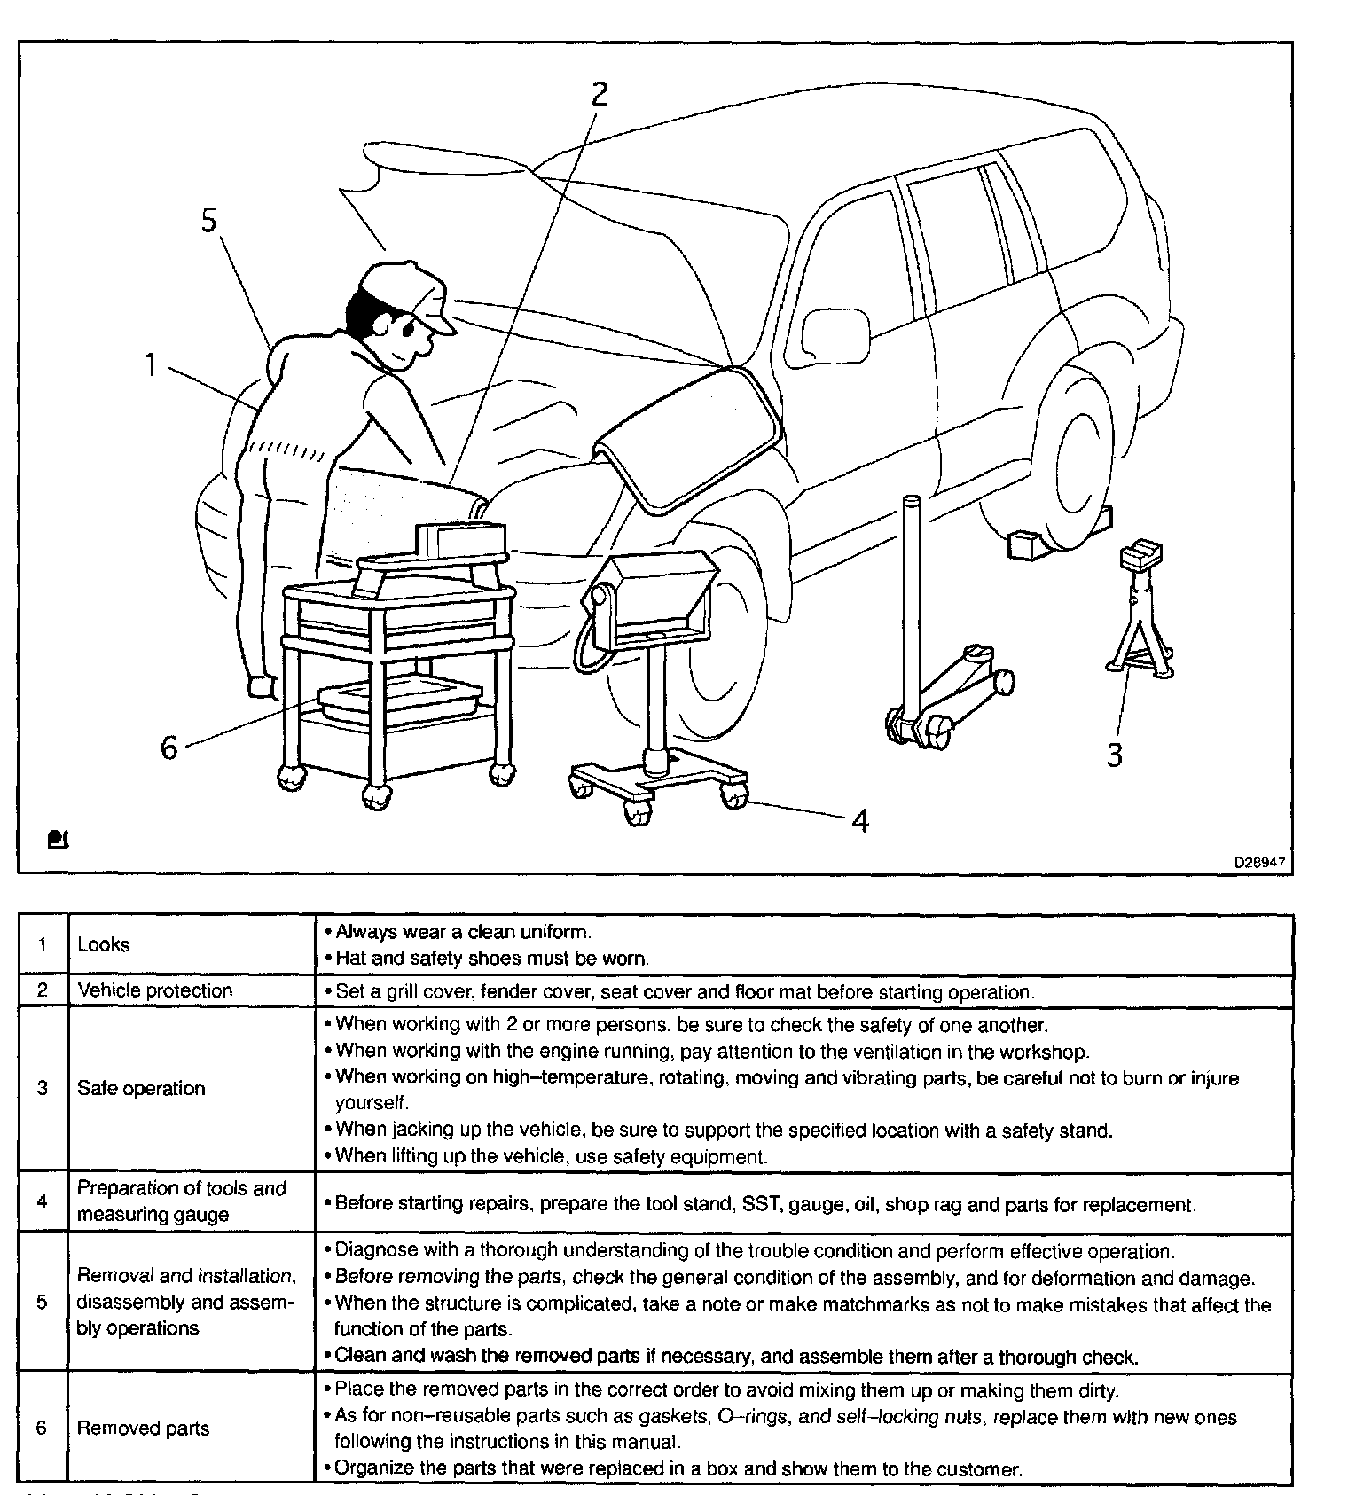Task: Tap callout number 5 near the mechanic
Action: point(208,221)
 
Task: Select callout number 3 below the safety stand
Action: point(1115,755)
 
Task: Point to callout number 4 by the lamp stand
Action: point(859,821)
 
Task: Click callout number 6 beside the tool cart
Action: point(168,747)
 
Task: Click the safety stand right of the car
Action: point(1139,612)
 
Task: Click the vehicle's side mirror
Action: point(835,338)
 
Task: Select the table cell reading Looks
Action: point(104,945)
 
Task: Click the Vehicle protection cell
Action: point(155,990)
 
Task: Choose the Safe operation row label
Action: point(141,1088)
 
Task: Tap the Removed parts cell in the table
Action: point(144,1428)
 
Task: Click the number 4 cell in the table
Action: point(43,1201)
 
